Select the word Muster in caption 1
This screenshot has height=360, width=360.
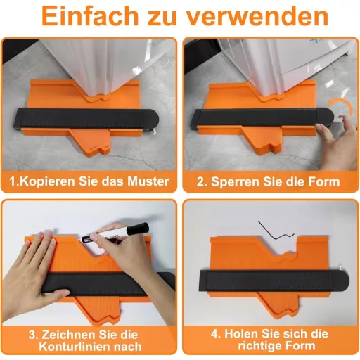click(148, 181)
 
